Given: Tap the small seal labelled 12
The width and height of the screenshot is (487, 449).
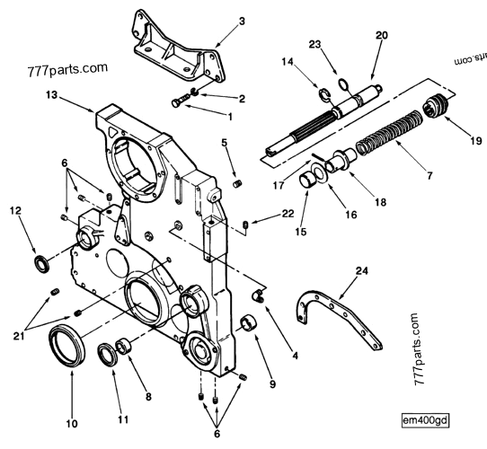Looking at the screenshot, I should [x=41, y=261].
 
